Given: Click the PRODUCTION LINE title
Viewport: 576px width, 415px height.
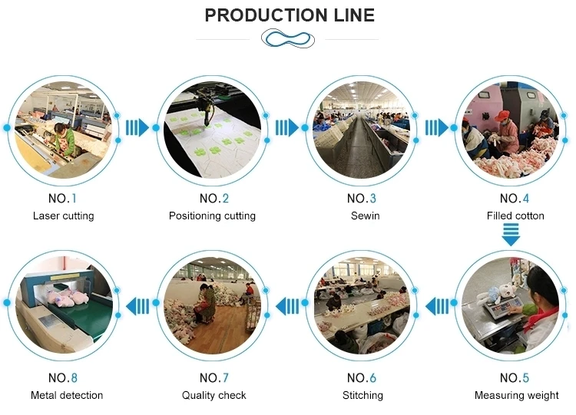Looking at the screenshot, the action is pos(289,15).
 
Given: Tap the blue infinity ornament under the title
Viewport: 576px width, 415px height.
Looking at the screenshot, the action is pos(287,38).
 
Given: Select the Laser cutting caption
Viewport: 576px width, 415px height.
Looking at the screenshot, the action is pos(63,216).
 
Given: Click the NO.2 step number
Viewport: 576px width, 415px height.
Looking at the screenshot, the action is pos(212,199).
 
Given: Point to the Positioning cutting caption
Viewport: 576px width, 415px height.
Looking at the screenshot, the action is pos(212,216).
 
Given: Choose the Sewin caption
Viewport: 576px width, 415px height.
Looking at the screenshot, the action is pos(362,216).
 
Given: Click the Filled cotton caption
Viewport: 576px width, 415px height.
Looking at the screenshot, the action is pos(515,216).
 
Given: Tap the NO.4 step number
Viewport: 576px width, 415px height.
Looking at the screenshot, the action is pos(515,199).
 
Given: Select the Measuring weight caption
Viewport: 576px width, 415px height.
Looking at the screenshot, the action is pos(516,395).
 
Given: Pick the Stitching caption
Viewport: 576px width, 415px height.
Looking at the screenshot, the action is pos(362,395).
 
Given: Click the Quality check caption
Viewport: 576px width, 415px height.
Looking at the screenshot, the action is pos(214,395).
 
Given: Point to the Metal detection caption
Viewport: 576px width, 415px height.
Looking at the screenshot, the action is pos(67,395).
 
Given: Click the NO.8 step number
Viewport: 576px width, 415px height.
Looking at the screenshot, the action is pos(63,378).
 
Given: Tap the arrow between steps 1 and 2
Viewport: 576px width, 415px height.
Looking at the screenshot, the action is pos(137,127).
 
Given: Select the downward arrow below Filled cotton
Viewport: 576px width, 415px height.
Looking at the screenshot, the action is pos(511,235).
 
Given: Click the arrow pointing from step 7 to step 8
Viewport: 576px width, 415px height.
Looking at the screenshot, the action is pos(137,306).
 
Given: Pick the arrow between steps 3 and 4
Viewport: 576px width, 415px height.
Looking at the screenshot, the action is pos(437,127).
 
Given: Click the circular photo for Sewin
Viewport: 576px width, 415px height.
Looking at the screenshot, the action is pos(362,127).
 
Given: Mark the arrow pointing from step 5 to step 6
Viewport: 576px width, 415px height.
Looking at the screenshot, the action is pos(437,306).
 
